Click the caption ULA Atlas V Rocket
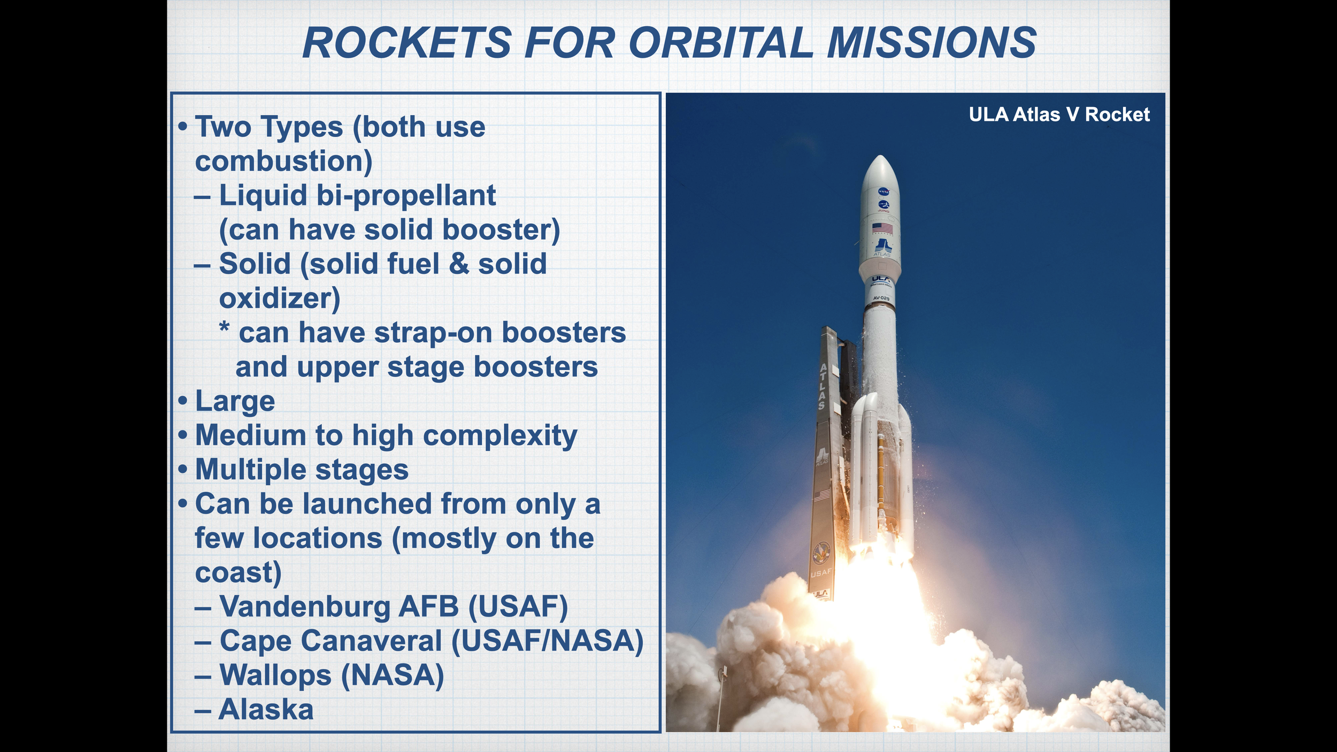point(1059,114)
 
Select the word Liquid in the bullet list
point(263,196)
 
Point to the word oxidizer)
point(280,298)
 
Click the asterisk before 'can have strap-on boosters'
point(225,327)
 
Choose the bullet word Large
point(235,402)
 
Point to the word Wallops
point(275,676)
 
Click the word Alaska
point(266,710)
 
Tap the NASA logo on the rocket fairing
point(883,191)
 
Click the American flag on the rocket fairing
point(882,228)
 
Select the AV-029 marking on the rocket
point(881,298)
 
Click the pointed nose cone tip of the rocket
point(880,156)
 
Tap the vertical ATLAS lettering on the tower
point(823,386)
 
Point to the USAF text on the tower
point(821,573)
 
